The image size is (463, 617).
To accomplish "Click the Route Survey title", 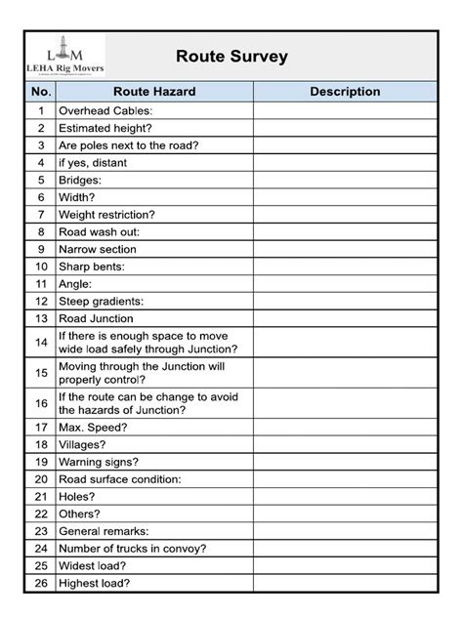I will [x=231, y=57].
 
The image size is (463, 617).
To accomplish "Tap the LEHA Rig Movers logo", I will [x=66, y=56].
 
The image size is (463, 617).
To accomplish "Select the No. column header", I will [x=41, y=92].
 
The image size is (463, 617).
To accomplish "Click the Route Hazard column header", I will [x=154, y=92].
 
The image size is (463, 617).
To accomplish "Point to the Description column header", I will [x=345, y=92].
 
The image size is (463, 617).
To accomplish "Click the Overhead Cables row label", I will [x=105, y=110].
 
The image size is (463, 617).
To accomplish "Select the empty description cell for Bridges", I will [x=345, y=181].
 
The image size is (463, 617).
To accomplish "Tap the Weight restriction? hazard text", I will [x=107, y=214].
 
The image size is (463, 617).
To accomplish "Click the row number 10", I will [x=41, y=266].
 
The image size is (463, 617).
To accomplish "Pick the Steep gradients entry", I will [x=101, y=301].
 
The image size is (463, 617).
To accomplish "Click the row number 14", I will [x=41, y=342].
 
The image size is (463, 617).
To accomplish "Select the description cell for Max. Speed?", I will [x=345, y=427].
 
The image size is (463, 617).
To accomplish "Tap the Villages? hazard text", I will [x=85, y=444].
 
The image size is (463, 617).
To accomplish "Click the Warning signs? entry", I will [x=99, y=462].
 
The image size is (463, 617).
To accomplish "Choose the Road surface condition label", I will [x=120, y=479].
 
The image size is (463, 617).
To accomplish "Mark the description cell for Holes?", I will [x=345, y=496].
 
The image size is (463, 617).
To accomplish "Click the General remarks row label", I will [x=104, y=531].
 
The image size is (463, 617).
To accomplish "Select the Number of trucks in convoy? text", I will [x=132, y=549].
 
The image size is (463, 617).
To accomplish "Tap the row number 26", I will [x=41, y=584].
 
